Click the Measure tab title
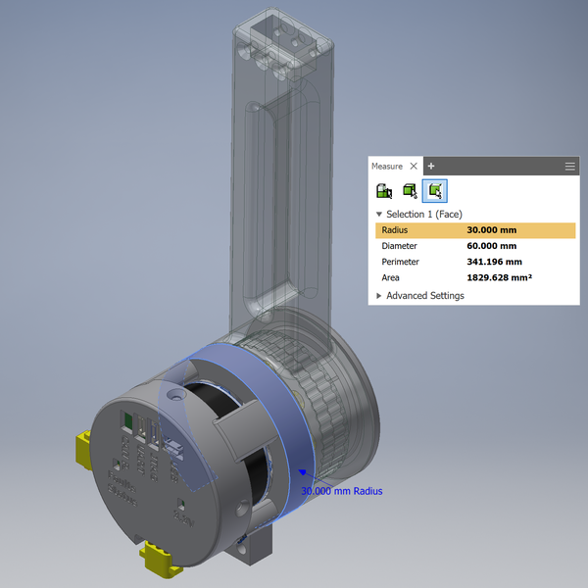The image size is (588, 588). click(387, 167)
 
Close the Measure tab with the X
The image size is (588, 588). click(414, 167)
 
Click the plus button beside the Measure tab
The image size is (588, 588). click(431, 167)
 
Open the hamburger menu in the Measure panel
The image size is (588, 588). click(569, 167)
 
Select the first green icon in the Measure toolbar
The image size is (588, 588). click(384, 190)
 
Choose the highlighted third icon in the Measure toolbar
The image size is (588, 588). click(437, 190)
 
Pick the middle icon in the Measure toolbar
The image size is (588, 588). click(411, 190)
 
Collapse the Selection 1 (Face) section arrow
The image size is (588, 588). click(379, 214)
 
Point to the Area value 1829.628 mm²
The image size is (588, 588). click(499, 278)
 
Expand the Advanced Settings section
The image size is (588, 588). click(379, 295)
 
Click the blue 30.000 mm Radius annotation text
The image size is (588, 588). click(341, 491)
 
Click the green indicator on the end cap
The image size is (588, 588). click(125, 420)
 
